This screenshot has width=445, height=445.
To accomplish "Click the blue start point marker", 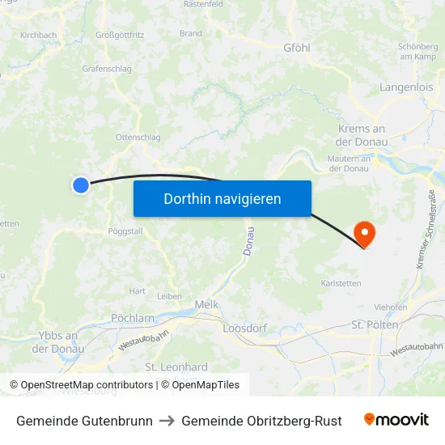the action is click(x=81, y=185).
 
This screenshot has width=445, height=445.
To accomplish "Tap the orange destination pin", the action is click(x=366, y=234).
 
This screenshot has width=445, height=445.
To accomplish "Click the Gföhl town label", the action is click(x=297, y=48).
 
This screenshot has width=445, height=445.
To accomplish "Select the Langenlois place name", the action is click(x=407, y=87).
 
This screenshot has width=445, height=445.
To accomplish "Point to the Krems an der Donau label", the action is click(x=360, y=135).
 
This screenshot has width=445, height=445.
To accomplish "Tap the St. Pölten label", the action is click(x=375, y=324).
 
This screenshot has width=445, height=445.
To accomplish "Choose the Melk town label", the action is click(x=207, y=304).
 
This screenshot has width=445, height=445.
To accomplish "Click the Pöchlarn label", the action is click(x=133, y=318).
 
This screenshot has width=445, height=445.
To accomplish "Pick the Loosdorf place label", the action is click(x=245, y=328).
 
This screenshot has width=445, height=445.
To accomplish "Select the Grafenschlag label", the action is click(x=107, y=69).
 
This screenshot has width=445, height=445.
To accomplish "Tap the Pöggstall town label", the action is click(x=125, y=231).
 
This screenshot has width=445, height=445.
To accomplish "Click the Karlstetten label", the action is click(x=341, y=283).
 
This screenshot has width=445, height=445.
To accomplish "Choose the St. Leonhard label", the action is click(x=176, y=367).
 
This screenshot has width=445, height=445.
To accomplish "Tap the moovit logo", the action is click(x=396, y=420).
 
